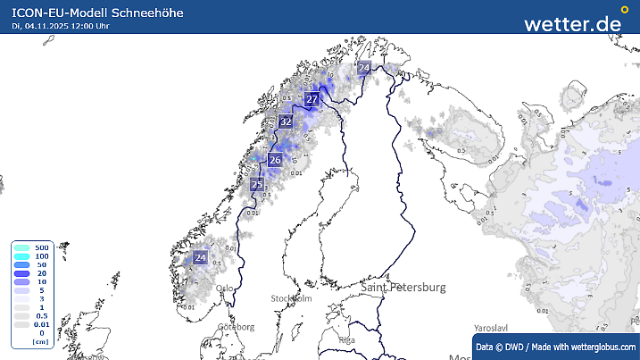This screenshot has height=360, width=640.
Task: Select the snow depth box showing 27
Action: (x=312, y=99)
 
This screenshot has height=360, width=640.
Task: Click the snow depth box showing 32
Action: (x=286, y=121)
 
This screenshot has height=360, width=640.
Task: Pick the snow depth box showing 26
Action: (x=275, y=161)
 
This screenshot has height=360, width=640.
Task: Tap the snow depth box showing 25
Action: (x=257, y=186)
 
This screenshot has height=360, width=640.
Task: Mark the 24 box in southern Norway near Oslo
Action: (x=200, y=258)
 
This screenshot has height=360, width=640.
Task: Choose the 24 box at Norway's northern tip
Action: (x=363, y=68)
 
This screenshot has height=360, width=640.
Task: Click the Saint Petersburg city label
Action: (x=403, y=288)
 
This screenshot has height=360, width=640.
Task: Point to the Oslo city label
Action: (x=225, y=288)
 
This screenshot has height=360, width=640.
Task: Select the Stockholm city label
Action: (x=291, y=298)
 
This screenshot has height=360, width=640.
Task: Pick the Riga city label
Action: (x=347, y=340)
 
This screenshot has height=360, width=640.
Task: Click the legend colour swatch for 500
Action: (x=21, y=247)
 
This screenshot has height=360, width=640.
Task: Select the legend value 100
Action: (x=41, y=255)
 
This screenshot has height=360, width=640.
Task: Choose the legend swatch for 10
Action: (x=21, y=281)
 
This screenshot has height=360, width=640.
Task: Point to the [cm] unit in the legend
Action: (x=39, y=341)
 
